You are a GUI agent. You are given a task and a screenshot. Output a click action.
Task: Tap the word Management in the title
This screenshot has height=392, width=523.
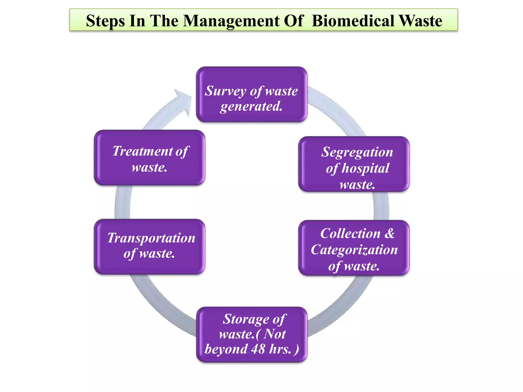[231, 21]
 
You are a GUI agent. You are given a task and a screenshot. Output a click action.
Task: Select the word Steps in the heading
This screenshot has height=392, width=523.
[105, 21]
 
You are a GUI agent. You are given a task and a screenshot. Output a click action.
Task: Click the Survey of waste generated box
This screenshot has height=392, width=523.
[252, 94]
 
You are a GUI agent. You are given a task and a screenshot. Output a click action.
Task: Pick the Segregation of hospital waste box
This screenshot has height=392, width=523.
[354, 164]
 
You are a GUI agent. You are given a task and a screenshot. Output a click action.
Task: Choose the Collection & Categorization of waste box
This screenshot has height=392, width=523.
[354, 248]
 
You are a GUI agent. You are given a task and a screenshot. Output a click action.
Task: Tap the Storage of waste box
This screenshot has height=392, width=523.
[252, 334]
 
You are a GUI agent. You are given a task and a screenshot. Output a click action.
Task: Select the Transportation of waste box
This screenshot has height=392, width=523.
[149, 247]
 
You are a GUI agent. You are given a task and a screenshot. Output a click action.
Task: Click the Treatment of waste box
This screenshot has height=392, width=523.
[149, 157]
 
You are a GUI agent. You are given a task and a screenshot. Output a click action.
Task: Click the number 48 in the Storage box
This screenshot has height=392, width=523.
[258, 349]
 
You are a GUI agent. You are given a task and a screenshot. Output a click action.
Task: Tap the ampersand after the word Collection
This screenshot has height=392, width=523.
[389, 233]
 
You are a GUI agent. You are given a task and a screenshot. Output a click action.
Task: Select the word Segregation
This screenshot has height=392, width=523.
[357, 152]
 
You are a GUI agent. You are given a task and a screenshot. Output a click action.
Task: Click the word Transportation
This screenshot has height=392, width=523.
[151, 238]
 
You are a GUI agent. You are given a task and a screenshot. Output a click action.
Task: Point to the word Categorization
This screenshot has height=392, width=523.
[354, 250]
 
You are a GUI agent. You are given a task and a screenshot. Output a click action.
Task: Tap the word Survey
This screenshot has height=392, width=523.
[225, 91]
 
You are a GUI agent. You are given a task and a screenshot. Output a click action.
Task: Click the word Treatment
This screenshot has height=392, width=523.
[142, 151]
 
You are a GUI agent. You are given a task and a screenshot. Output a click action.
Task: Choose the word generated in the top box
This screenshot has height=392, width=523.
[252, 107]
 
